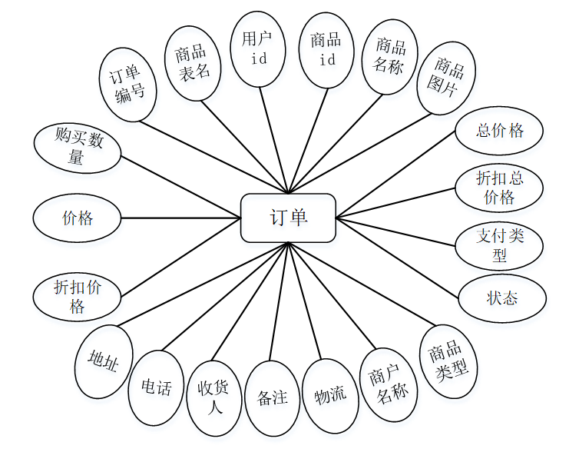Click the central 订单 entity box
coord(288,218)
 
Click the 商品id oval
coord(326,49)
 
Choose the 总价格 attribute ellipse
coord(499,131)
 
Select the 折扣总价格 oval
coord(499,188)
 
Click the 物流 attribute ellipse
coord(330,396)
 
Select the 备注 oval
coord(272,398)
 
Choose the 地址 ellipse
coord(104,361)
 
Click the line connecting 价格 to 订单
coord(180,218)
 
